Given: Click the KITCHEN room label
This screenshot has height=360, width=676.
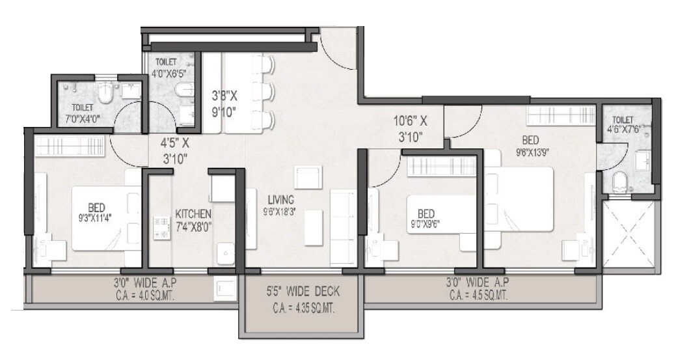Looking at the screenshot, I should click(x=193, y=214).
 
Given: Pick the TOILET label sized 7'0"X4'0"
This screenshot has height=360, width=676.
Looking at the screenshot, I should click(x=83, y=107).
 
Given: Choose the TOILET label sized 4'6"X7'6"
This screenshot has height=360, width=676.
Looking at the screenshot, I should click(x=623, y=120).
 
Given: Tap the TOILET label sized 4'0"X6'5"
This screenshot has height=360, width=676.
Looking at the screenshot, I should click(x=166, y=62).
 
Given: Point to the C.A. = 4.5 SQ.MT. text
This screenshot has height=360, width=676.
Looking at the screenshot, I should click(x=478, y=294).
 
